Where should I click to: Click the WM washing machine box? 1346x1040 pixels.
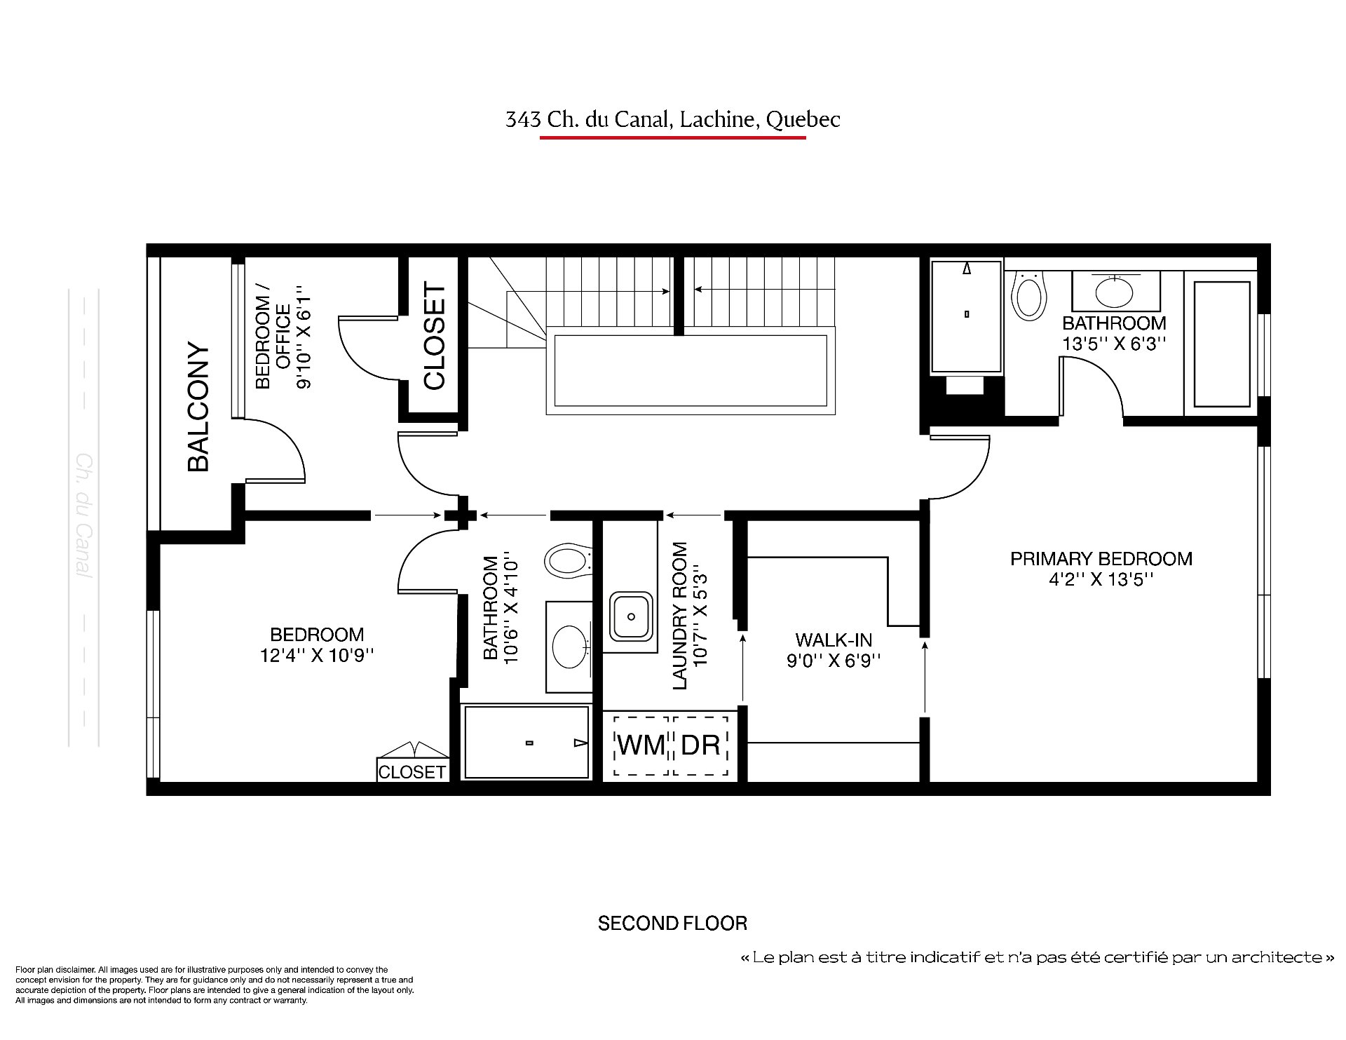coord(641,745)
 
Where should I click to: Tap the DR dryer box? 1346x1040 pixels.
coord(701,745)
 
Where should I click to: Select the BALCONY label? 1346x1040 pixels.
coord(198,407)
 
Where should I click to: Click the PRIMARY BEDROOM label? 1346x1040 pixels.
coord(1101,559)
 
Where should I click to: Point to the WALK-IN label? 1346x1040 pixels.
coord(834,640)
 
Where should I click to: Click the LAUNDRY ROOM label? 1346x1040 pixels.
coord(680,616)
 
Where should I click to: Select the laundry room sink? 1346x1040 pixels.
coord(632,616)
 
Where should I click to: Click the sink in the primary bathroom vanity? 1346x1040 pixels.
coord(1115,292)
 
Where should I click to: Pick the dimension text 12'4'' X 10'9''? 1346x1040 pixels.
coord(317,656)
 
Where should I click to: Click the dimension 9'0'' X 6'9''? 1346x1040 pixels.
coord(834,661)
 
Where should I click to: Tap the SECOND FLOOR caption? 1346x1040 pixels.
coord(672,924)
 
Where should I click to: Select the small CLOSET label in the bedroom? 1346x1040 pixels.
coord(412,772)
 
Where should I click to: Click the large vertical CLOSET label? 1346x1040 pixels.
coord(435,336)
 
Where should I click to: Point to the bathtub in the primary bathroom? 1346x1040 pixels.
coord(1221,344)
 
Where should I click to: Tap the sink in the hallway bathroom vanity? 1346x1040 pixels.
coord(571,647)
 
